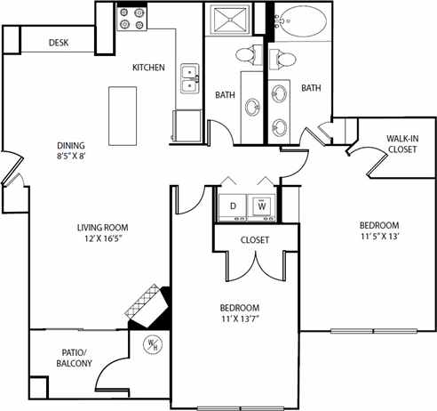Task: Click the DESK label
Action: click(59, 43)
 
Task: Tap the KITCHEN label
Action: click(148, 68)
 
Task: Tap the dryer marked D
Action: click(234, 205)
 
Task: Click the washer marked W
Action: click(263, 205)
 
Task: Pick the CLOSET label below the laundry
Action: click(254, 240)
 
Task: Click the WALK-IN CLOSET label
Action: click(401, 144)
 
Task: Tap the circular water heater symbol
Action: click(152, 343)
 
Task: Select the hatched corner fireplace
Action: click(145, 304)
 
